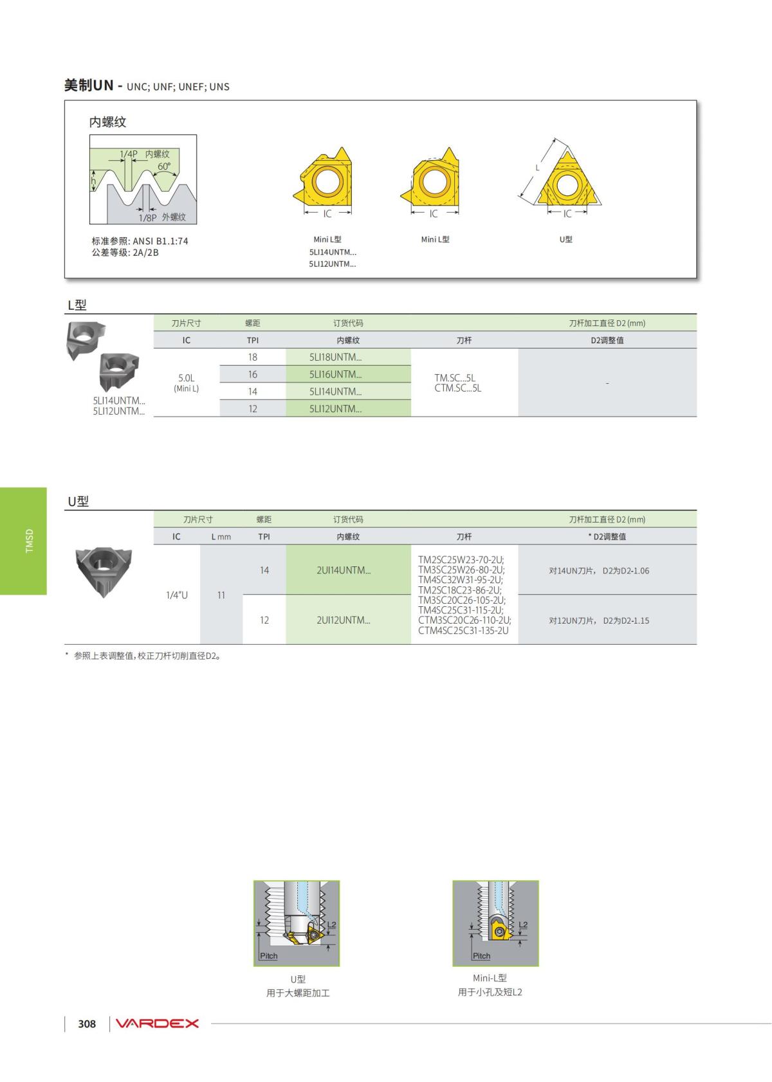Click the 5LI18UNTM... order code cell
point(347,357)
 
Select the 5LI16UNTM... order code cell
point(347,374)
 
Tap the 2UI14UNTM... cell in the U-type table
point(347,570)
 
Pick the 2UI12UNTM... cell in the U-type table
point(347,620)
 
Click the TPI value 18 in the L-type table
point(253,357)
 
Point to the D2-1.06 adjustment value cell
point(607,570)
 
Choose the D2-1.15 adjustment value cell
point(607,620)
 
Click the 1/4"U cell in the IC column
point(177,595)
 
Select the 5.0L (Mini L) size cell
point(187,383)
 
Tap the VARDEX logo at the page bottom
point(158,1023)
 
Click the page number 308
point(87,1024)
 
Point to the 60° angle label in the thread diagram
point(165,167)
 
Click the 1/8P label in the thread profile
point(147,218)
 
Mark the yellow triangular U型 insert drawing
point(566,183)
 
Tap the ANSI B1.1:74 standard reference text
point(160,241)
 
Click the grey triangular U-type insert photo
point(103,570)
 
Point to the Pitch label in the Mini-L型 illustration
point(481,956)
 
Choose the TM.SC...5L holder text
point(455,378)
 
